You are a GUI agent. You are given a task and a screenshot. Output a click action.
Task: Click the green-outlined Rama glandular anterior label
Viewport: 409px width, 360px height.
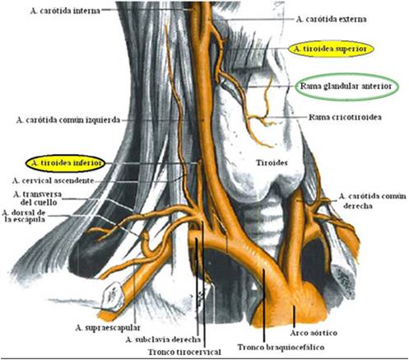(346, 86)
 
